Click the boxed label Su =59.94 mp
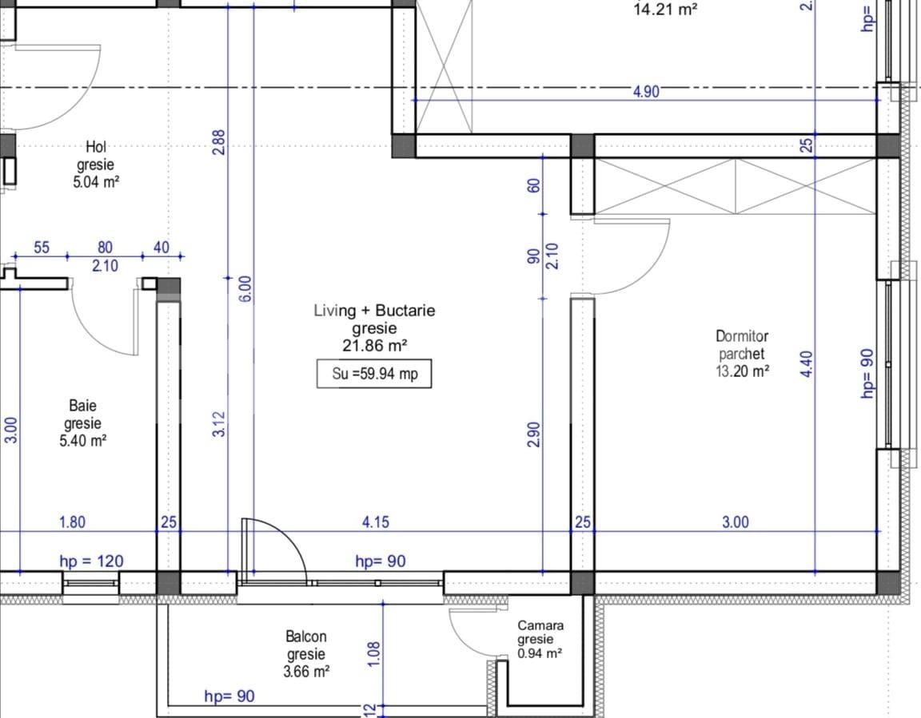tap(374, 374)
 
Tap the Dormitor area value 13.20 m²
tap(743, 371)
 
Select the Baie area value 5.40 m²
tap(83, 441)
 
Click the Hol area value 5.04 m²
tap(96, 182)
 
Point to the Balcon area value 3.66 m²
tap(306, 671)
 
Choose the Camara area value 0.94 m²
tap(540, 653)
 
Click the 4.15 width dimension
tap(375, 522)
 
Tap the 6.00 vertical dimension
tap(246, 288)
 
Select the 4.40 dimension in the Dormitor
tap(807, 363)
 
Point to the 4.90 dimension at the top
tap(646, 92)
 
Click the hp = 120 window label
tap(92, 561)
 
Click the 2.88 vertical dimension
tap(218, 142)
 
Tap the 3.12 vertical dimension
tap(218, 423)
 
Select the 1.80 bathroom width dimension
tap(72, 522)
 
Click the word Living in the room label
tap(335, 311)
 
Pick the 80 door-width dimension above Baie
tap(105, 248)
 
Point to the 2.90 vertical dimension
tap(533, 434)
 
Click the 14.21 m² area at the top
tap(665, 9)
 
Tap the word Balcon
tap(306, 637)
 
